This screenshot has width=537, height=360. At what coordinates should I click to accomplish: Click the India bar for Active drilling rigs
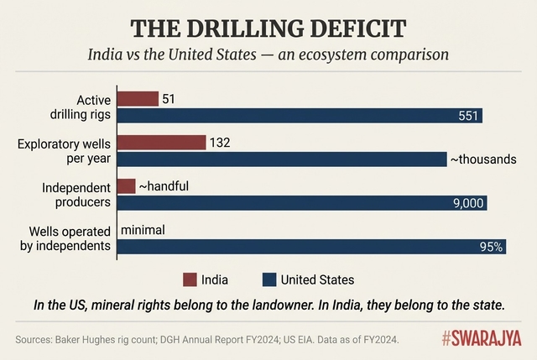(138, 99)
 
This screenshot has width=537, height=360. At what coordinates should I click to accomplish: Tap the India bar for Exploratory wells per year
(162, 143)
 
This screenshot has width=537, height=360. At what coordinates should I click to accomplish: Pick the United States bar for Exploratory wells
(283, 159)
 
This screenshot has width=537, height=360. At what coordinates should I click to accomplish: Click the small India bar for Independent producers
(127, 185)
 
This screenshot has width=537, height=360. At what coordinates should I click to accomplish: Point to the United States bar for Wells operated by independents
(311, 247)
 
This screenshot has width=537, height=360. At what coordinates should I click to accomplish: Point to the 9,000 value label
(468, 203)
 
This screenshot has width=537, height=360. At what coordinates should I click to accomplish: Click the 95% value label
(490, 247)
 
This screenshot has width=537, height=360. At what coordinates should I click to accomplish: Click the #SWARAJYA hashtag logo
(482, 338)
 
